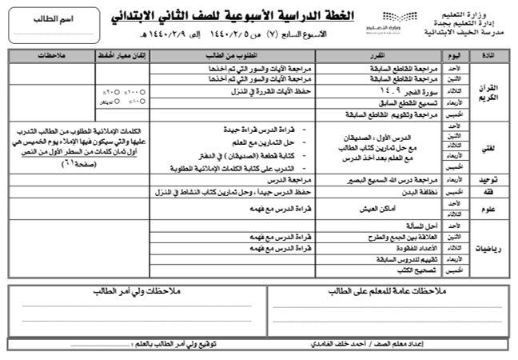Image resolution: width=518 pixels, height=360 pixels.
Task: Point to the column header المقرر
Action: (385, 54)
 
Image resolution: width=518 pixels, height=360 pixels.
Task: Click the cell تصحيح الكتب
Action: (412, 271)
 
